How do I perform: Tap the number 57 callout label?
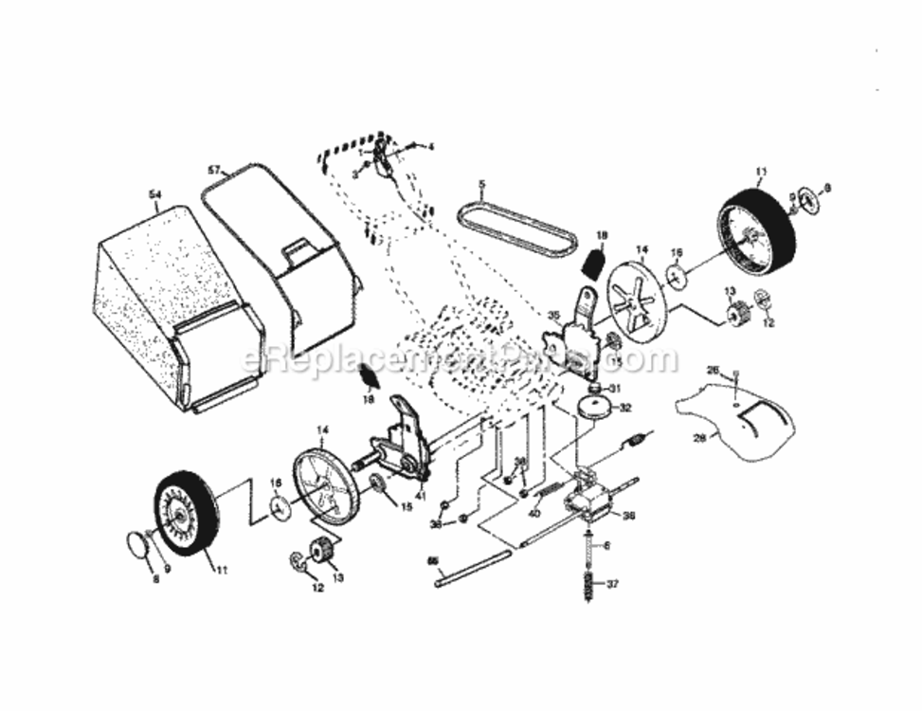click(214, 170)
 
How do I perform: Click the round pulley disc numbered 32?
click(597, 408)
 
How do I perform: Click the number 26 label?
click(714, 371)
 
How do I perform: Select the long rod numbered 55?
click(474, 569)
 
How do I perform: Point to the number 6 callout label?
click(607, 545)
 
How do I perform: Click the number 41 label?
click(420, 495)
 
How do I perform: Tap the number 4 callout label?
click(430, 147)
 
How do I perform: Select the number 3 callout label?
click(354, 174)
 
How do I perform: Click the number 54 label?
click(155, 194)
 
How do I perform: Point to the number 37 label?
click(612, 584)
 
